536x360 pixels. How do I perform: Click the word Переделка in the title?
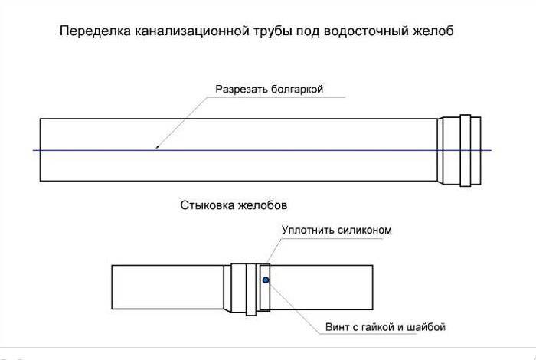[96, 31]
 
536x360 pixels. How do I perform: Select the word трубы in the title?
[273, 32]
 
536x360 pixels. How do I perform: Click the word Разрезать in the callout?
[241, 89]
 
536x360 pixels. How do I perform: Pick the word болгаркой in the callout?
[297, 89]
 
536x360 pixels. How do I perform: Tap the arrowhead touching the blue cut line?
[157, 147]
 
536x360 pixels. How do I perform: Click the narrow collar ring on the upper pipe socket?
[466, 150]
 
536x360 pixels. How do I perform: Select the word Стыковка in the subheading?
[207, 205]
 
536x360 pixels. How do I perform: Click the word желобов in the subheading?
[263, 205]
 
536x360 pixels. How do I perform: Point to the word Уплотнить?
[306, 230]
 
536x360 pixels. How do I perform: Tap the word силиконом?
[364, 230]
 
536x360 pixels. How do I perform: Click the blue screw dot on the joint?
[266, 280]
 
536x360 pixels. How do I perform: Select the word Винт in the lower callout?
[337, 327]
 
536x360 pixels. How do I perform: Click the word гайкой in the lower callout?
[374, 327]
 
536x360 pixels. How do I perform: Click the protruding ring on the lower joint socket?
[251, 290]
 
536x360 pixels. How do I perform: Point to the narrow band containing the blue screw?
[265, 287]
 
